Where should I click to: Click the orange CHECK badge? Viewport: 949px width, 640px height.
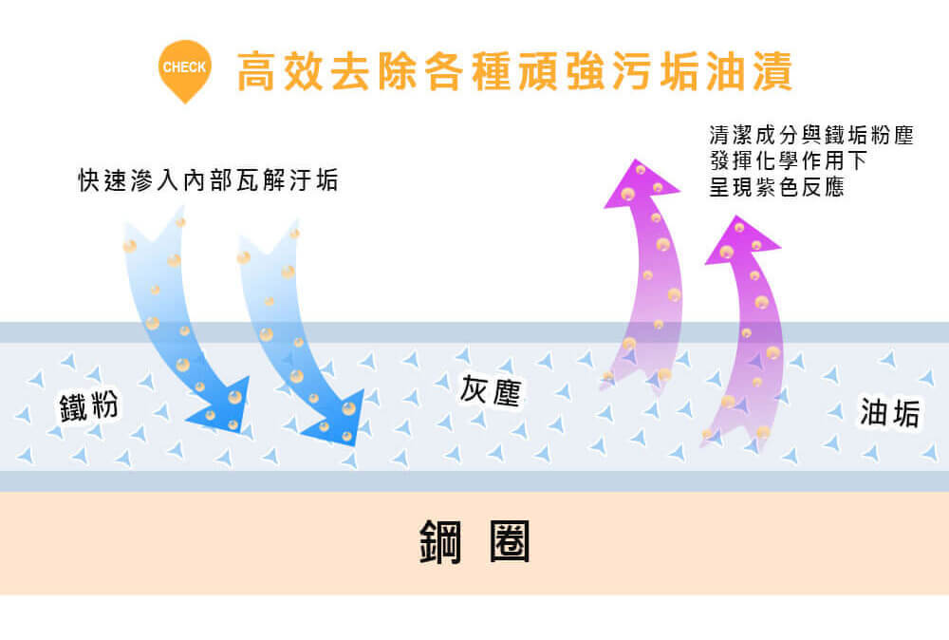point(184,68)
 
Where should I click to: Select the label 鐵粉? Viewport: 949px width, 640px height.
point(89,405)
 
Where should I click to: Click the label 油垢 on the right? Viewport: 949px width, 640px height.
point(890,412)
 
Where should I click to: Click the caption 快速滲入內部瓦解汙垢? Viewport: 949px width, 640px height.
point(208,180)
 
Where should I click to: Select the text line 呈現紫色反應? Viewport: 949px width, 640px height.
point(776,187)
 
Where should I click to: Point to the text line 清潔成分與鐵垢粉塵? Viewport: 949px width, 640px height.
point(810,135)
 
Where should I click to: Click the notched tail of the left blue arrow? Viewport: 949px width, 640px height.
point(152,233)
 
